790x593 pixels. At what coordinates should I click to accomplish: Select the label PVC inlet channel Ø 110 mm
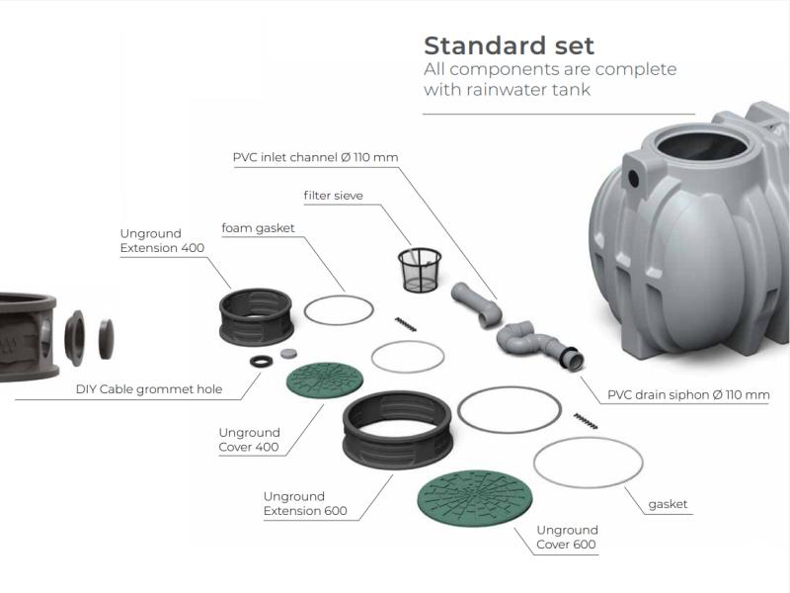(x=315, y=157)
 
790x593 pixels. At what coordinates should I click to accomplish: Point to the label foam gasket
(x=258, y=228)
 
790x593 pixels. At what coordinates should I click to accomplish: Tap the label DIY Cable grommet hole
(x=149, y=389)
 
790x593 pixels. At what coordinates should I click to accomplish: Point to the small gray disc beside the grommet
(x=288, y=353)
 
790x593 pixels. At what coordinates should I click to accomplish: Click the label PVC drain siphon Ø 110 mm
(x=688, y=395)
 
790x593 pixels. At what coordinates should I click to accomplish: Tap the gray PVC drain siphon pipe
(x=533, y=342)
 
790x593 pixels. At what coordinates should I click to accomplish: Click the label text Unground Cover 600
(x=567, y=538)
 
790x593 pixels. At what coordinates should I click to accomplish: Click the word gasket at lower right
(x=668, y=504)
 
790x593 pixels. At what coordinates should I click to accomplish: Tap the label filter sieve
(x=333, y=196)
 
